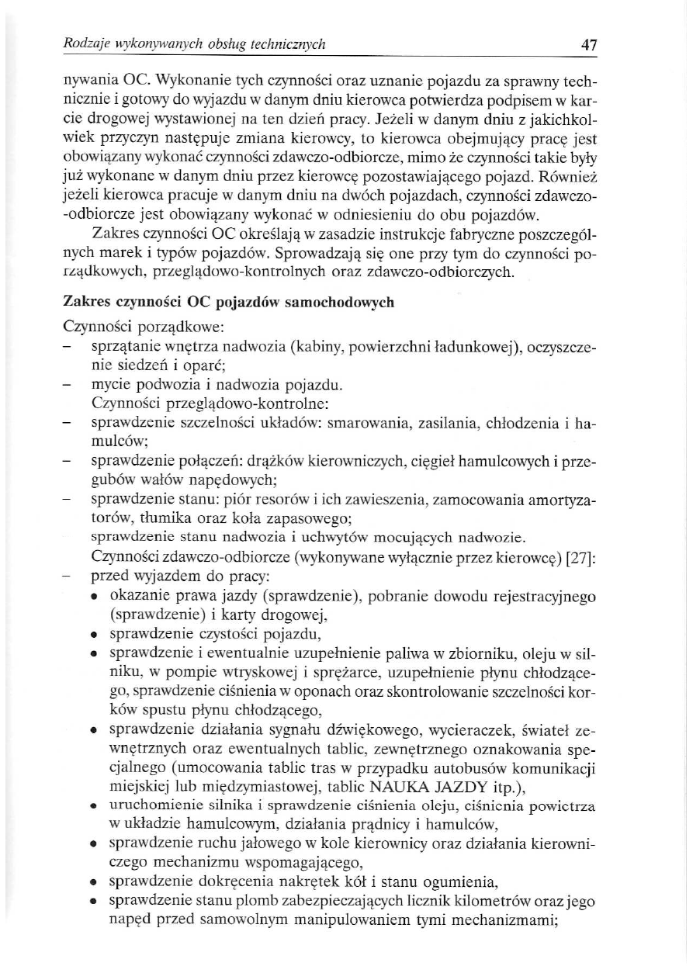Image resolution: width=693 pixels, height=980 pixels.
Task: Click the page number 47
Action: (589, 45)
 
